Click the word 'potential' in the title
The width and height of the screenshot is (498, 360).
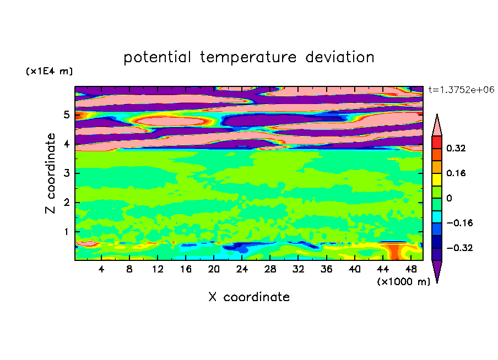click(157, 57)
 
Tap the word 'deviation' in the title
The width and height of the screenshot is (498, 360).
click(339, 57)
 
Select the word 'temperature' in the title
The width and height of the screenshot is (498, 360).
click(248, 57)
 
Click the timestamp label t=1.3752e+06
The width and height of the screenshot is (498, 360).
click(461, 90)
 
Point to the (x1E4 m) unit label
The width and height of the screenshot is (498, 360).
click(49, 71)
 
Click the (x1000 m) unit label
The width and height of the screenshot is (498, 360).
click(403, 281)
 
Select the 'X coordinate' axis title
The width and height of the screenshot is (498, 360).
click(249, 297)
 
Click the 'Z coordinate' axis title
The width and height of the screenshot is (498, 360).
click(50, 173)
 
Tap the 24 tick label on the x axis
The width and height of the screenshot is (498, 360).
click(242, 269)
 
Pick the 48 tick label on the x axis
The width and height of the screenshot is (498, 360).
click(411, 269)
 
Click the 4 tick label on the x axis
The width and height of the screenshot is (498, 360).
click(101, 269)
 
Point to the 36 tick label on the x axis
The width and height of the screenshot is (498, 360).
click(326, 269)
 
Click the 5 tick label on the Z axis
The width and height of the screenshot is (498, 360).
click(66, 114)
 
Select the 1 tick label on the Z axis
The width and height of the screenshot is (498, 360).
click(66, 232)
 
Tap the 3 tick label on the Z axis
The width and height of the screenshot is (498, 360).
click(66, 173)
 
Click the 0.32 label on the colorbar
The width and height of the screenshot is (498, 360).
click(456, 148)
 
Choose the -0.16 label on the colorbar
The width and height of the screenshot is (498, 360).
click(459, 223)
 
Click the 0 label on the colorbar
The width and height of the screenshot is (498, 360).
click(449, 198)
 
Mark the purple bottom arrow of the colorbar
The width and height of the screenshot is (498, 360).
click(437, 270)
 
